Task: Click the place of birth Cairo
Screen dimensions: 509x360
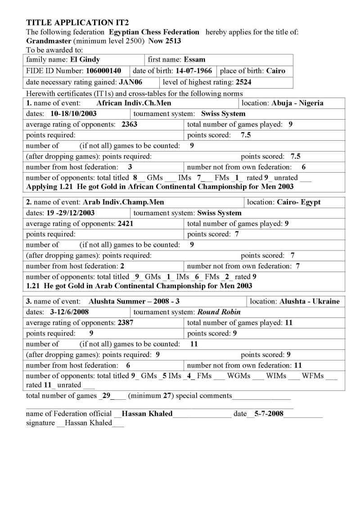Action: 276,71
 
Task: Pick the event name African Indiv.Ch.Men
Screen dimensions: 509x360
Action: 127,103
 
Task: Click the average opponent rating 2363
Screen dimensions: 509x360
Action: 129,125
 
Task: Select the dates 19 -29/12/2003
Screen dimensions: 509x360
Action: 72,213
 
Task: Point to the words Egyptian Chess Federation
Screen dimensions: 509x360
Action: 154,32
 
